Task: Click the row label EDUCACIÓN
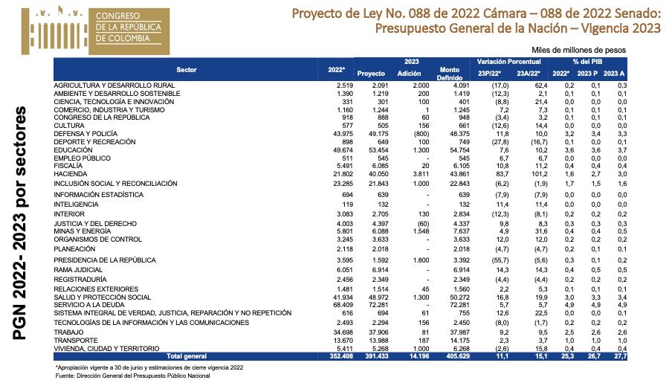pos(74,149)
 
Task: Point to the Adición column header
pos(410,74)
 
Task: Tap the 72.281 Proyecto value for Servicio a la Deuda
pos(372,304)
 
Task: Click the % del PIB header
pos(586,60)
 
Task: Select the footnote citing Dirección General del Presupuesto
pos(133,376)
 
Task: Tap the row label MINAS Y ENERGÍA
pos(83,231)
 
